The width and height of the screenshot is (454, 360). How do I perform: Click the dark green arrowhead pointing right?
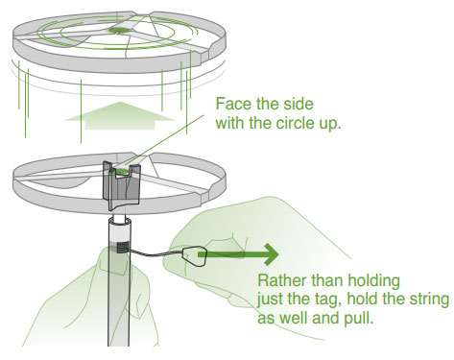click(x=270, y=254)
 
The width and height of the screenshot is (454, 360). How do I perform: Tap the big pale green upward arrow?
click(x=120, y=116)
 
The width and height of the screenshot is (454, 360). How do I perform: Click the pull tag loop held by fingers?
click(x=194, y=256)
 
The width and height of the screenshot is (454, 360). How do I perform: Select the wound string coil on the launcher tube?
click(x=122, y=247)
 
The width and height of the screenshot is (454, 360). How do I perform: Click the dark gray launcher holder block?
click(x=121, y=185)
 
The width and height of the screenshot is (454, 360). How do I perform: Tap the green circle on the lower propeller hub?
click(x=121, y=171)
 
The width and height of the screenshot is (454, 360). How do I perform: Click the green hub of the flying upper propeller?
click(x=118, y=30)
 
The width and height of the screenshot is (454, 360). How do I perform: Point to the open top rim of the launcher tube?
click(x=120, y=221)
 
